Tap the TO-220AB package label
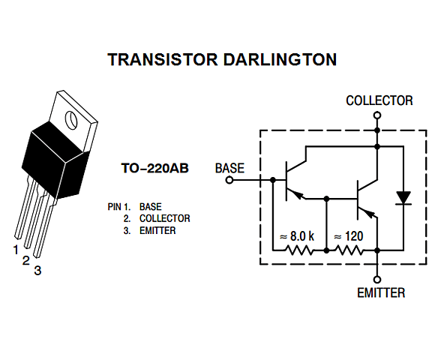(155, 169)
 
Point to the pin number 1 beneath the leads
(15, 249)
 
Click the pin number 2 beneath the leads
(25, 260)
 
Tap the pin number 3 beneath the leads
(37, 271)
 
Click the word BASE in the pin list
(150, 206)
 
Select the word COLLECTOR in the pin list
(164, 218)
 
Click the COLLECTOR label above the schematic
(379, 100)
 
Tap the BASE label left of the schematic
(229, 168)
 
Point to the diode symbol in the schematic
(403, 198)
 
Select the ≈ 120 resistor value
(348, 236)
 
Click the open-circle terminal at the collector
(377, 116)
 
